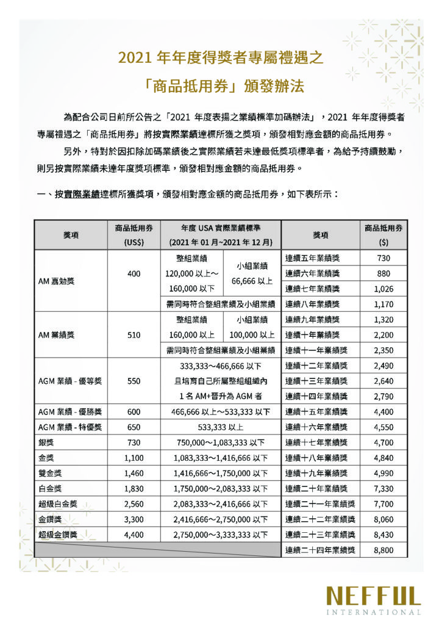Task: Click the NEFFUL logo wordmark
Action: (x=373, y=595)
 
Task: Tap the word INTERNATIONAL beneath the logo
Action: (x=373, y=612)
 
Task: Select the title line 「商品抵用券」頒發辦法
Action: (x=220, y=83)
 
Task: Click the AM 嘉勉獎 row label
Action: (x=57, y=281)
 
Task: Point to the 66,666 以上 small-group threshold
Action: (x=252, y=281)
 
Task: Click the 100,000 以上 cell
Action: (x=252, y=334)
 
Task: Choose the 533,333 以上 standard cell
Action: (x=221, y=427)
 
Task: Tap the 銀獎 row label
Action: (x=46, y=442)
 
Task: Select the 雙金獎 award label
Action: (x=50, y=473)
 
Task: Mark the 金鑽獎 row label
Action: (x=50, y=519)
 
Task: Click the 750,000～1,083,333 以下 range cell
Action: (x=221, y=442)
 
